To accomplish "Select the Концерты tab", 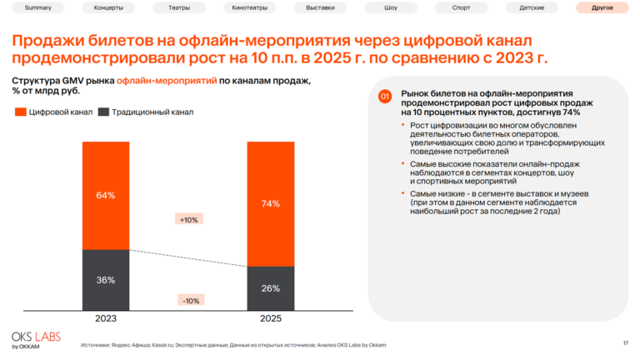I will point(109,8).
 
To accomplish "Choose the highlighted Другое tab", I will point(602,8).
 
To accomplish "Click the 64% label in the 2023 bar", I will point(106,195).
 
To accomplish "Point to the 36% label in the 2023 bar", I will point(106,280).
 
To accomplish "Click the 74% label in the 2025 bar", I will point(271,203).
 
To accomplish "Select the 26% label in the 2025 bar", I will point(271,288).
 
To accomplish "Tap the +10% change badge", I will point(188,219).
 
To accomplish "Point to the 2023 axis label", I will point(106,318).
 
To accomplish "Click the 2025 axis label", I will point(271,318).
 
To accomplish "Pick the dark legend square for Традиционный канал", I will point(103,112).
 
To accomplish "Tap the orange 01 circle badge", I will point(385,97).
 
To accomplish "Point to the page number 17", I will point(625,343).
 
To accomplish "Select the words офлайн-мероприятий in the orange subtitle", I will point(165,81).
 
